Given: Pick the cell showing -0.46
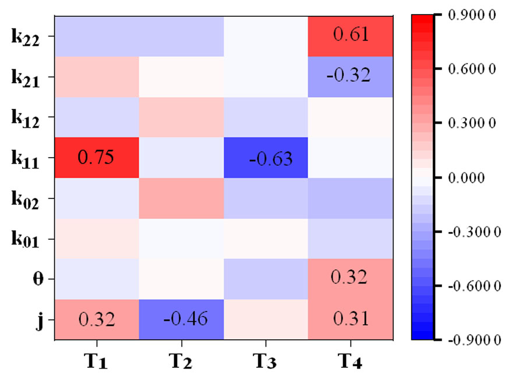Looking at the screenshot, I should (x=181, y=320).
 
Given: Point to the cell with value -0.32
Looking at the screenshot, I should (x=351, y=76).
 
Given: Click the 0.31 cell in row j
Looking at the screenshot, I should (x=351, y=320).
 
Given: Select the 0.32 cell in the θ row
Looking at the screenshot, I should (x=351, y=278).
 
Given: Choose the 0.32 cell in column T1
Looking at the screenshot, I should (x=97, y=320).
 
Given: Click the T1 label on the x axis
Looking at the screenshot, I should (x=97, y=361).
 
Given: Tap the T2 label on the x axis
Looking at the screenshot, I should (x=182, y=361).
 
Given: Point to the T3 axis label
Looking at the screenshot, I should (x=266, y=361).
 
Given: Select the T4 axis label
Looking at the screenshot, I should (x=351, y=361).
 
